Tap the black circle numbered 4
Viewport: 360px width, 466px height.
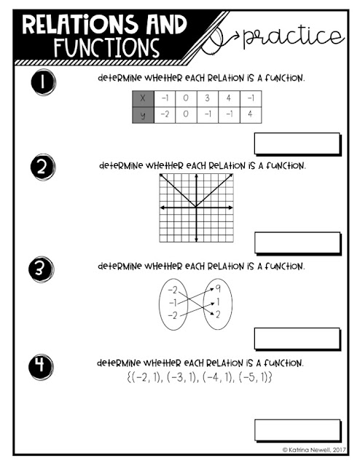[x=38, y=363]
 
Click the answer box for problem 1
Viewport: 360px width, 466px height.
[x=297, y=144]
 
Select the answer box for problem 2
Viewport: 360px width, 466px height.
[x=297, y=242]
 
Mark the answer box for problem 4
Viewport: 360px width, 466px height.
[x=297, y=430]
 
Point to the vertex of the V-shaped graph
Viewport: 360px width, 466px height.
[x=195, y=208]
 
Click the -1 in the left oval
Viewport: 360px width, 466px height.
[x=172, y=301]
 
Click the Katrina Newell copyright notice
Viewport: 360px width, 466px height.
[x=310, y=450]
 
